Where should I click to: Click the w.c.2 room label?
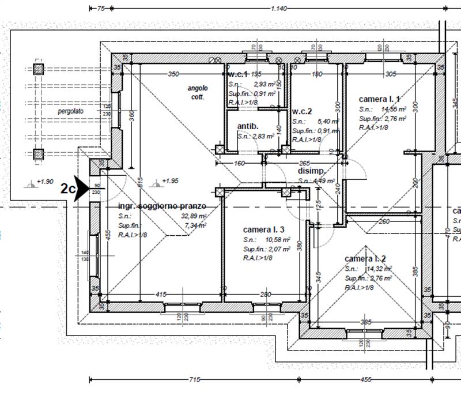(302, 111)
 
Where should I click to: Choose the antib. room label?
(248, 126)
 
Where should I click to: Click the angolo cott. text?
(197, 92)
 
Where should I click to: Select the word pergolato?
(70, 110)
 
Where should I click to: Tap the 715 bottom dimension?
(194, 380)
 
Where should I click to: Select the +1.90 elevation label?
(44, 182)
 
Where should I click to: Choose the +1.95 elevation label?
(169, 182)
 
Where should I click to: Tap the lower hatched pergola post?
(39, 154)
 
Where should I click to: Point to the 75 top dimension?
(100, 8)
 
